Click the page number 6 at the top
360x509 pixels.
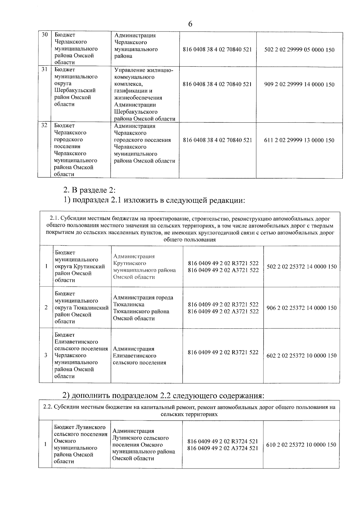coord(190,24)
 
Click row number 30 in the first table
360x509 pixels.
coord(44,35)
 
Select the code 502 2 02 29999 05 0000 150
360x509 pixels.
coord(299,50)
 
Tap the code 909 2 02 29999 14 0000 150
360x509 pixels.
coord(299,85)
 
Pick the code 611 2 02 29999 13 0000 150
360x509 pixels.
coord(299,140)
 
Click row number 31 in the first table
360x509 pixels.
coord(44,69)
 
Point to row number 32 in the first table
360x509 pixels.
coord(44,125)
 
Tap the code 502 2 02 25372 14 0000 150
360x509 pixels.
coord(301,267)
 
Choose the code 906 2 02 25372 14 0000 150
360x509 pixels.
coord(301,308)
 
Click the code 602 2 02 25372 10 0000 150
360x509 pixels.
coord(301,356)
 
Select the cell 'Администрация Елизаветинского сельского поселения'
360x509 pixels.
coord(139,356)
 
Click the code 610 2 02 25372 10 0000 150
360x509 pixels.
coord(301,445)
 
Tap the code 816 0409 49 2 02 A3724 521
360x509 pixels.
coord(223,448)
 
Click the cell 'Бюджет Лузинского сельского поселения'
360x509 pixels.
coord(80,444)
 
